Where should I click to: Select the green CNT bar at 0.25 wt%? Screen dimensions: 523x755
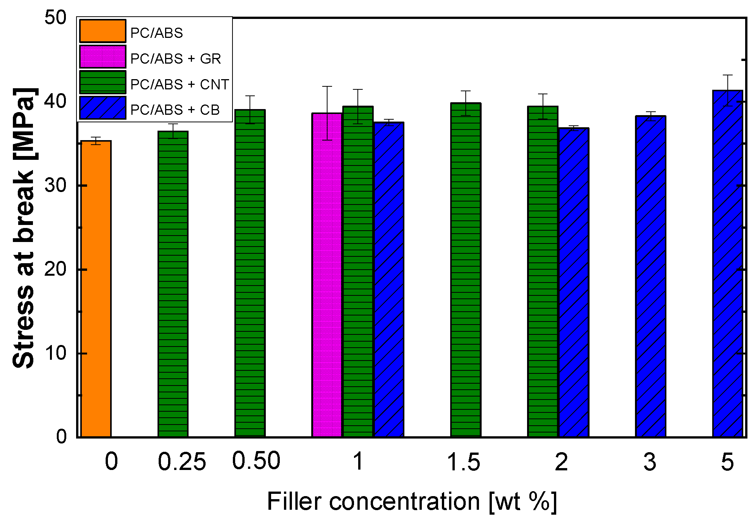173,284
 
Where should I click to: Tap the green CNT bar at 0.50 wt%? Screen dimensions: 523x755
250,273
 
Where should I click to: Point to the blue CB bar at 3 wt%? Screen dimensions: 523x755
650,276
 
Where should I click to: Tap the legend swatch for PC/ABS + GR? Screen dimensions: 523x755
103,57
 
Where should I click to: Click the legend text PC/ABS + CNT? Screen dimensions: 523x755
179,84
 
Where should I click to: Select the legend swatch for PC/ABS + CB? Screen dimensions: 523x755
103,108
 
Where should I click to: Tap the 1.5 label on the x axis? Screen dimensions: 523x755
463,462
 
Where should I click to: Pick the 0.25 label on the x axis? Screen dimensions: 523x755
182,462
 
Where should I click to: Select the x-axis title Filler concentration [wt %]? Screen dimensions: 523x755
412,501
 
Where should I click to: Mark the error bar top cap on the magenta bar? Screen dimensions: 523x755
327,87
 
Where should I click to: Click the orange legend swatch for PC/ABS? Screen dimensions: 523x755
103,31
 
